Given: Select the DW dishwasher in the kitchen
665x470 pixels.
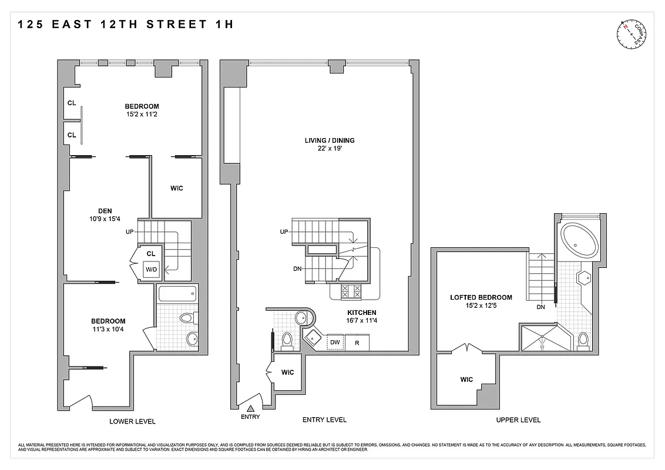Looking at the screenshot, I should (x=335, y=342).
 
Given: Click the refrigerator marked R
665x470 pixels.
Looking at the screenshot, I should (x=357, y=342).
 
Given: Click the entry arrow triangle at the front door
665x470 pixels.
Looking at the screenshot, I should (x=250, y=408).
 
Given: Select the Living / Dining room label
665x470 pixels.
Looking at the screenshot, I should (x=330, y=140).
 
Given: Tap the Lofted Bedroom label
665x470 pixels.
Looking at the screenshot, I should (x=481, y=297).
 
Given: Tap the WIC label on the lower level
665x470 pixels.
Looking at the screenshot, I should (x=176, y=189).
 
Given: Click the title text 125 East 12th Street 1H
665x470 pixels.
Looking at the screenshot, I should (x=126, y=25).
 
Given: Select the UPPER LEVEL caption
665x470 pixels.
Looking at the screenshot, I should (x=518, y=420).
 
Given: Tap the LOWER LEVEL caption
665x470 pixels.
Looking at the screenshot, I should (x=132, y=421).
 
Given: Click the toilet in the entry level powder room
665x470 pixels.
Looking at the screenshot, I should (x=287, y=339).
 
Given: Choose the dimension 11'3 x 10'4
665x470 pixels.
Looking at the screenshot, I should (x=108, y=329).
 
